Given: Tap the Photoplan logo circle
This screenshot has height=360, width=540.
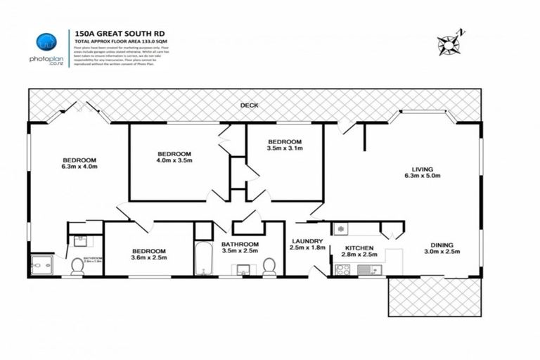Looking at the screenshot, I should click(x=46, y=41).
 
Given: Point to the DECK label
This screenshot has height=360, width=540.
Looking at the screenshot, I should click(x=248, y=105).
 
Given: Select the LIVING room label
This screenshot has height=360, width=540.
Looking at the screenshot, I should click(x=422, y=168).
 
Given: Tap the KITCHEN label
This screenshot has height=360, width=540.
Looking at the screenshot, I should click(x=359, y=248).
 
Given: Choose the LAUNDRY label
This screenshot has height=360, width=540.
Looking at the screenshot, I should click(x=306, y=241).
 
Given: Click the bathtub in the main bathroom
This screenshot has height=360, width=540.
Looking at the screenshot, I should click(x=202, y=258).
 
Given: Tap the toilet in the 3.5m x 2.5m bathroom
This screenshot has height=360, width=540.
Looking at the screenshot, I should click(x=269, y=266).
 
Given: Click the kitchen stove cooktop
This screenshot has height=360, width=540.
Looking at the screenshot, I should click(x=343, y=268).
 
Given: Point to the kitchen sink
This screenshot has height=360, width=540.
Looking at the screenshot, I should click(x=368, y=269).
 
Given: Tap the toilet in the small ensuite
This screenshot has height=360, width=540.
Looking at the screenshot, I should click(x=77, y=266).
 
